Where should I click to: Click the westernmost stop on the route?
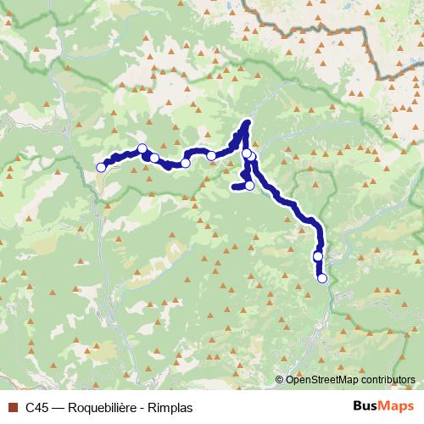(x=101, y=167)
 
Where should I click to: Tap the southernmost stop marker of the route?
(x=322, y=278)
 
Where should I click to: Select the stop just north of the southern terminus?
(x=318, y=256)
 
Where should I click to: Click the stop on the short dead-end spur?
(x=249, y=185)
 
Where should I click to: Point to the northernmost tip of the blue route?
(x=248, y=122)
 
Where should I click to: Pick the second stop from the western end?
(x=142, y=149)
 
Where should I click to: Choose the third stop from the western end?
(x=154, y=158)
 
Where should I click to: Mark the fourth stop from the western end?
(x=185, y=163)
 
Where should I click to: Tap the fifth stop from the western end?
(x=211, y=156)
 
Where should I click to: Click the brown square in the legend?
(x=12, y=406)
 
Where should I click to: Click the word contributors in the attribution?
(x=387, y=379)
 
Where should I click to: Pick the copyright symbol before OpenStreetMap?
(x=280, y=379)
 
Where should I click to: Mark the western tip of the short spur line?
(x=232, y=186)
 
